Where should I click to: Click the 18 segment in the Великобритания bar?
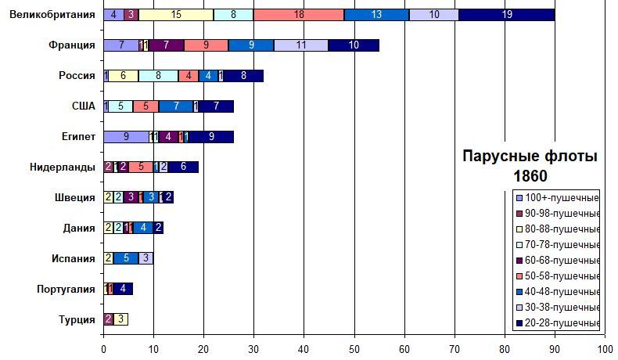tap(299, 15)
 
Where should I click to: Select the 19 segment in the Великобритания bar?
tap(508, 15)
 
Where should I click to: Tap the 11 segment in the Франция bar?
tap(301, 45)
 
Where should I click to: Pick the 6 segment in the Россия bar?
tap(124, 76)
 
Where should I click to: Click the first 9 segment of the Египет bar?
tap(126, 137)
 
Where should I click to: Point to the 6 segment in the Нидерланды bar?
tap(184, 167)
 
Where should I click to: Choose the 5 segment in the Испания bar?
tap(126, 258)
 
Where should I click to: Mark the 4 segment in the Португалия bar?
tap(123, 289)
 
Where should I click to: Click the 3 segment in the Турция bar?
tap(120, 319)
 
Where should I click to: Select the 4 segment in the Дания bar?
tap(143, 228)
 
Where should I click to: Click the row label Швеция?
tap(78, 197)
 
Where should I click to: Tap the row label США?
tap(83, 106)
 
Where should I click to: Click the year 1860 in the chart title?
tap(530, 175)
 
